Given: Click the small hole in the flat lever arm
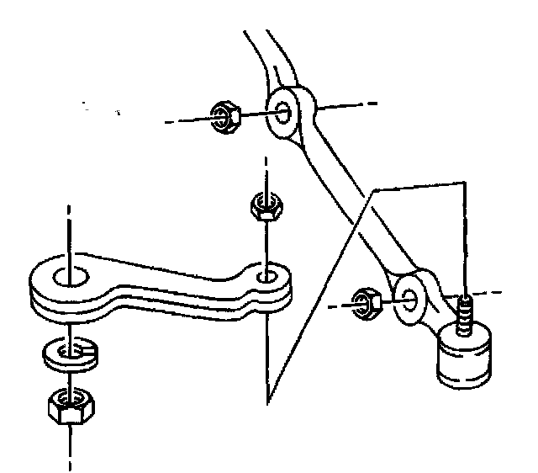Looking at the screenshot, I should click(267, 276).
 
